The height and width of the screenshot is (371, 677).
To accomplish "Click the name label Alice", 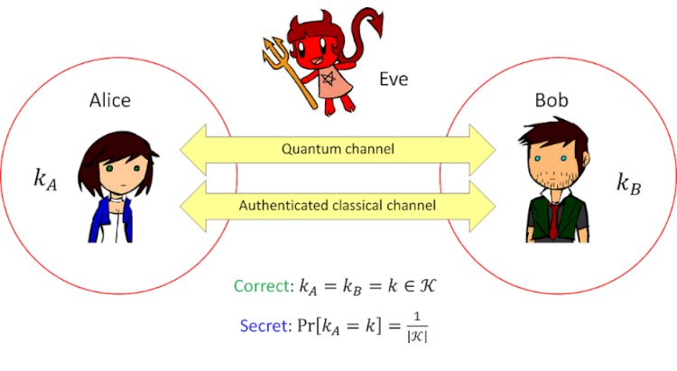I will [110, 100].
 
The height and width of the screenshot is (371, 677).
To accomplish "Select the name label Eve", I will [394, 79].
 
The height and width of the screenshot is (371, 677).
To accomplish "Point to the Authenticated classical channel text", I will [338, 206].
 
